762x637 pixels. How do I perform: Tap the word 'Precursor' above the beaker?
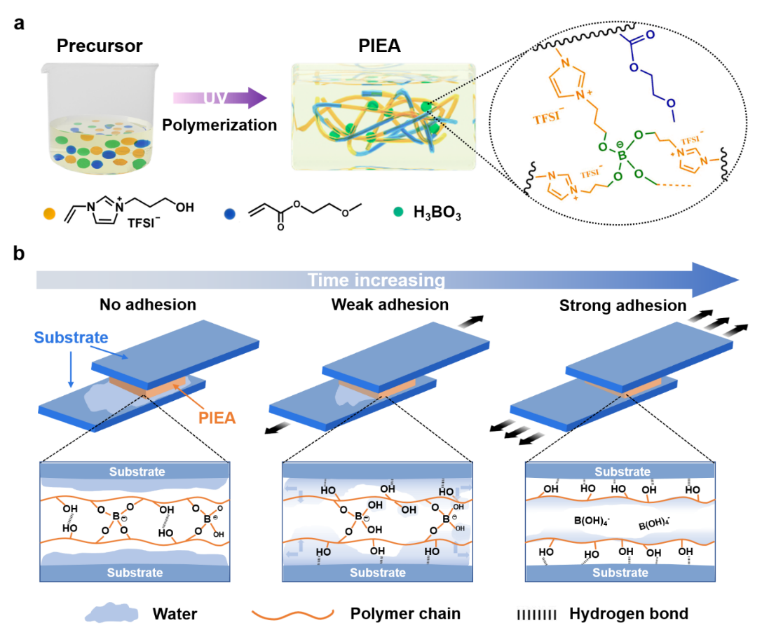100,46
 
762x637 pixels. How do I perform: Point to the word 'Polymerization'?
219,125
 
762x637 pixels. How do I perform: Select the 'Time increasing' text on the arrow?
376,280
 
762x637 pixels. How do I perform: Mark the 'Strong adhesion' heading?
622,306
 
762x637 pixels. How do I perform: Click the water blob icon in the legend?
112,614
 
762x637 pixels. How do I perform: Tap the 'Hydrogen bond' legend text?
629,614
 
